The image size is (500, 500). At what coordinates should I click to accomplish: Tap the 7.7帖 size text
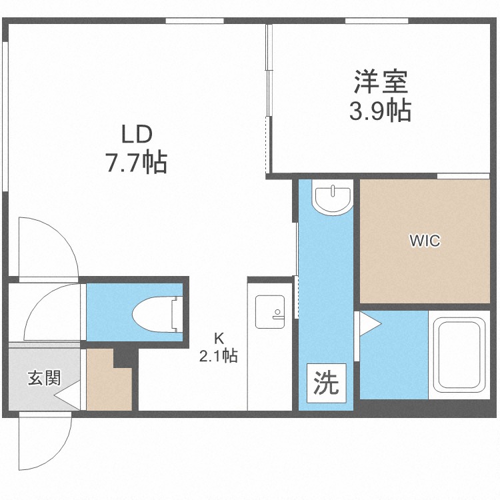(x=136, y=162)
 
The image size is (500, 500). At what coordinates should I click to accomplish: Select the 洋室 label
(x=380, y=83)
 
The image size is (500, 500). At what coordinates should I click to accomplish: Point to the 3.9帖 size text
(x=380, y=111)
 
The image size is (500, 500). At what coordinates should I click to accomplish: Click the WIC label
(x=425, y=241)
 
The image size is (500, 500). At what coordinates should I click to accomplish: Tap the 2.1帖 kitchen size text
(x=218, y=355)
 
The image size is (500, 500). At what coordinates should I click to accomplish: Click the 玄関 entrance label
(x=44, y=378)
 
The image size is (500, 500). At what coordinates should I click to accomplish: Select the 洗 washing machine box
(x=326, y=383)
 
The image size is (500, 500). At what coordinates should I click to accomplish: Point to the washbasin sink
(x=333, y=199)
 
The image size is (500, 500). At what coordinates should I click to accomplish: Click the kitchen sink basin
(x=270, y=311)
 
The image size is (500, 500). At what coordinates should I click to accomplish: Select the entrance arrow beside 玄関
(x=67, y=398)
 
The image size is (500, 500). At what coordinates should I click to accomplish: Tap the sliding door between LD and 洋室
(x=269, y=93)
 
